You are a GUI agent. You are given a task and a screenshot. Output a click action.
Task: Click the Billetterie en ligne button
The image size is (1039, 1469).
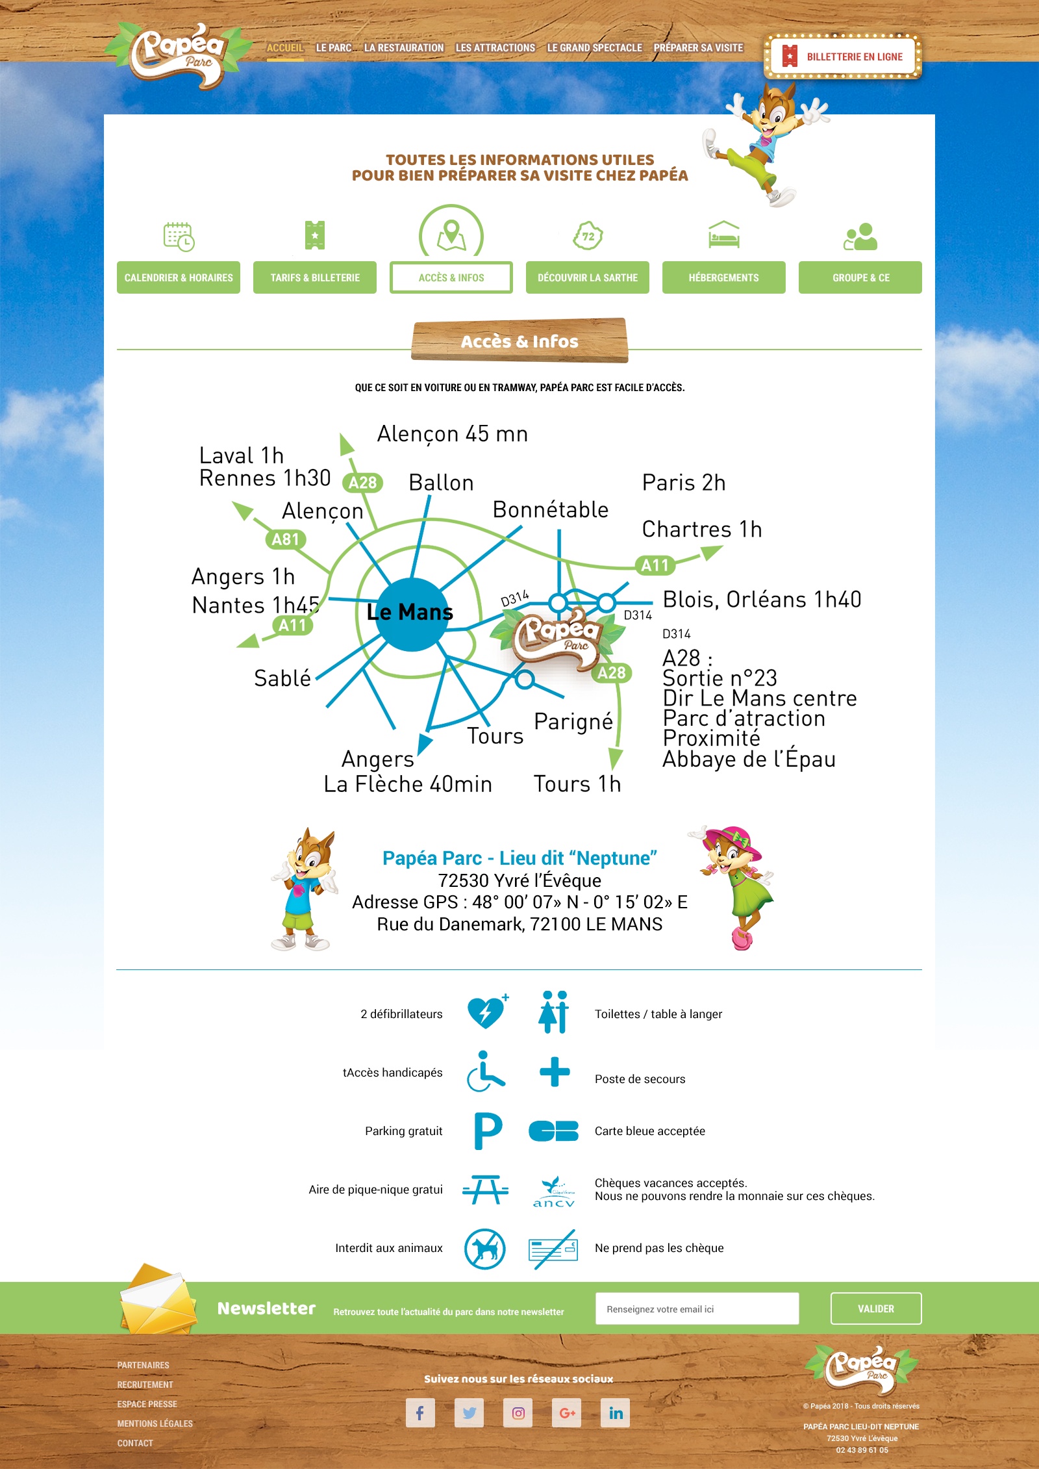(x=843, y=57)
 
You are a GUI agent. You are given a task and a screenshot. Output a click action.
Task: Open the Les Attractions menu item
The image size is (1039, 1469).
(x=495, y=48)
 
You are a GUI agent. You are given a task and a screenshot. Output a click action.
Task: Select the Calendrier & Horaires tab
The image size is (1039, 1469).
(x=179, y=277)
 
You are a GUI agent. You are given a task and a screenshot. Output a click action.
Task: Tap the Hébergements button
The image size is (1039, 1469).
(x=723, y=277)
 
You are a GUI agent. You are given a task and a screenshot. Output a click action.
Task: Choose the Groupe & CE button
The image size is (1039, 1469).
(x=860, y=277)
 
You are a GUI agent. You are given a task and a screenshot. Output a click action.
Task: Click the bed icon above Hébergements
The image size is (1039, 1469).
(x=723, y=235)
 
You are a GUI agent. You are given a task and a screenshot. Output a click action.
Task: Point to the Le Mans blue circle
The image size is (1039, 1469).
(x=410, y=614)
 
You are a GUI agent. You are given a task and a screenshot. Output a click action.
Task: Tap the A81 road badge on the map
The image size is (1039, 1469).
(x=285, y=539)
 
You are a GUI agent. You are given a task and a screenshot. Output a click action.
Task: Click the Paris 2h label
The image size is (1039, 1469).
(x=683, y=483)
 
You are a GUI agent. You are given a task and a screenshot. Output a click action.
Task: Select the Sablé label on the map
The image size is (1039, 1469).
(x=282, y=678)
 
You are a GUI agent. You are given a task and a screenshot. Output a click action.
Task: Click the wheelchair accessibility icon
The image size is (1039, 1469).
(x=485, y=1071)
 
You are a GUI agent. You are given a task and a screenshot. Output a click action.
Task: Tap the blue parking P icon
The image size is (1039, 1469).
(x=488, y=1130)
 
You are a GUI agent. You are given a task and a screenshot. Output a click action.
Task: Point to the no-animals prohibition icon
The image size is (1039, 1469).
(x=485, y=1248)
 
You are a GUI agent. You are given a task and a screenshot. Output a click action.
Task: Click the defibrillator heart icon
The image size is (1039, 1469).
(x=486, y=1013)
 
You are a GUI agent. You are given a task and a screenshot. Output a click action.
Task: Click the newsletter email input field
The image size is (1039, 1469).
(x=697, y=1309)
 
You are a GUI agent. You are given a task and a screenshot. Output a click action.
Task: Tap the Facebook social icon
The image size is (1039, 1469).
(x=420, y=1412)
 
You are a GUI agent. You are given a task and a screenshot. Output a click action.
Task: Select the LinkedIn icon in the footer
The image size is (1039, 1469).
(x=616, y=1412)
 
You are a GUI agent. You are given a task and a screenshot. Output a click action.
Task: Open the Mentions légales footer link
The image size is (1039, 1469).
(x=155, y=1424)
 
